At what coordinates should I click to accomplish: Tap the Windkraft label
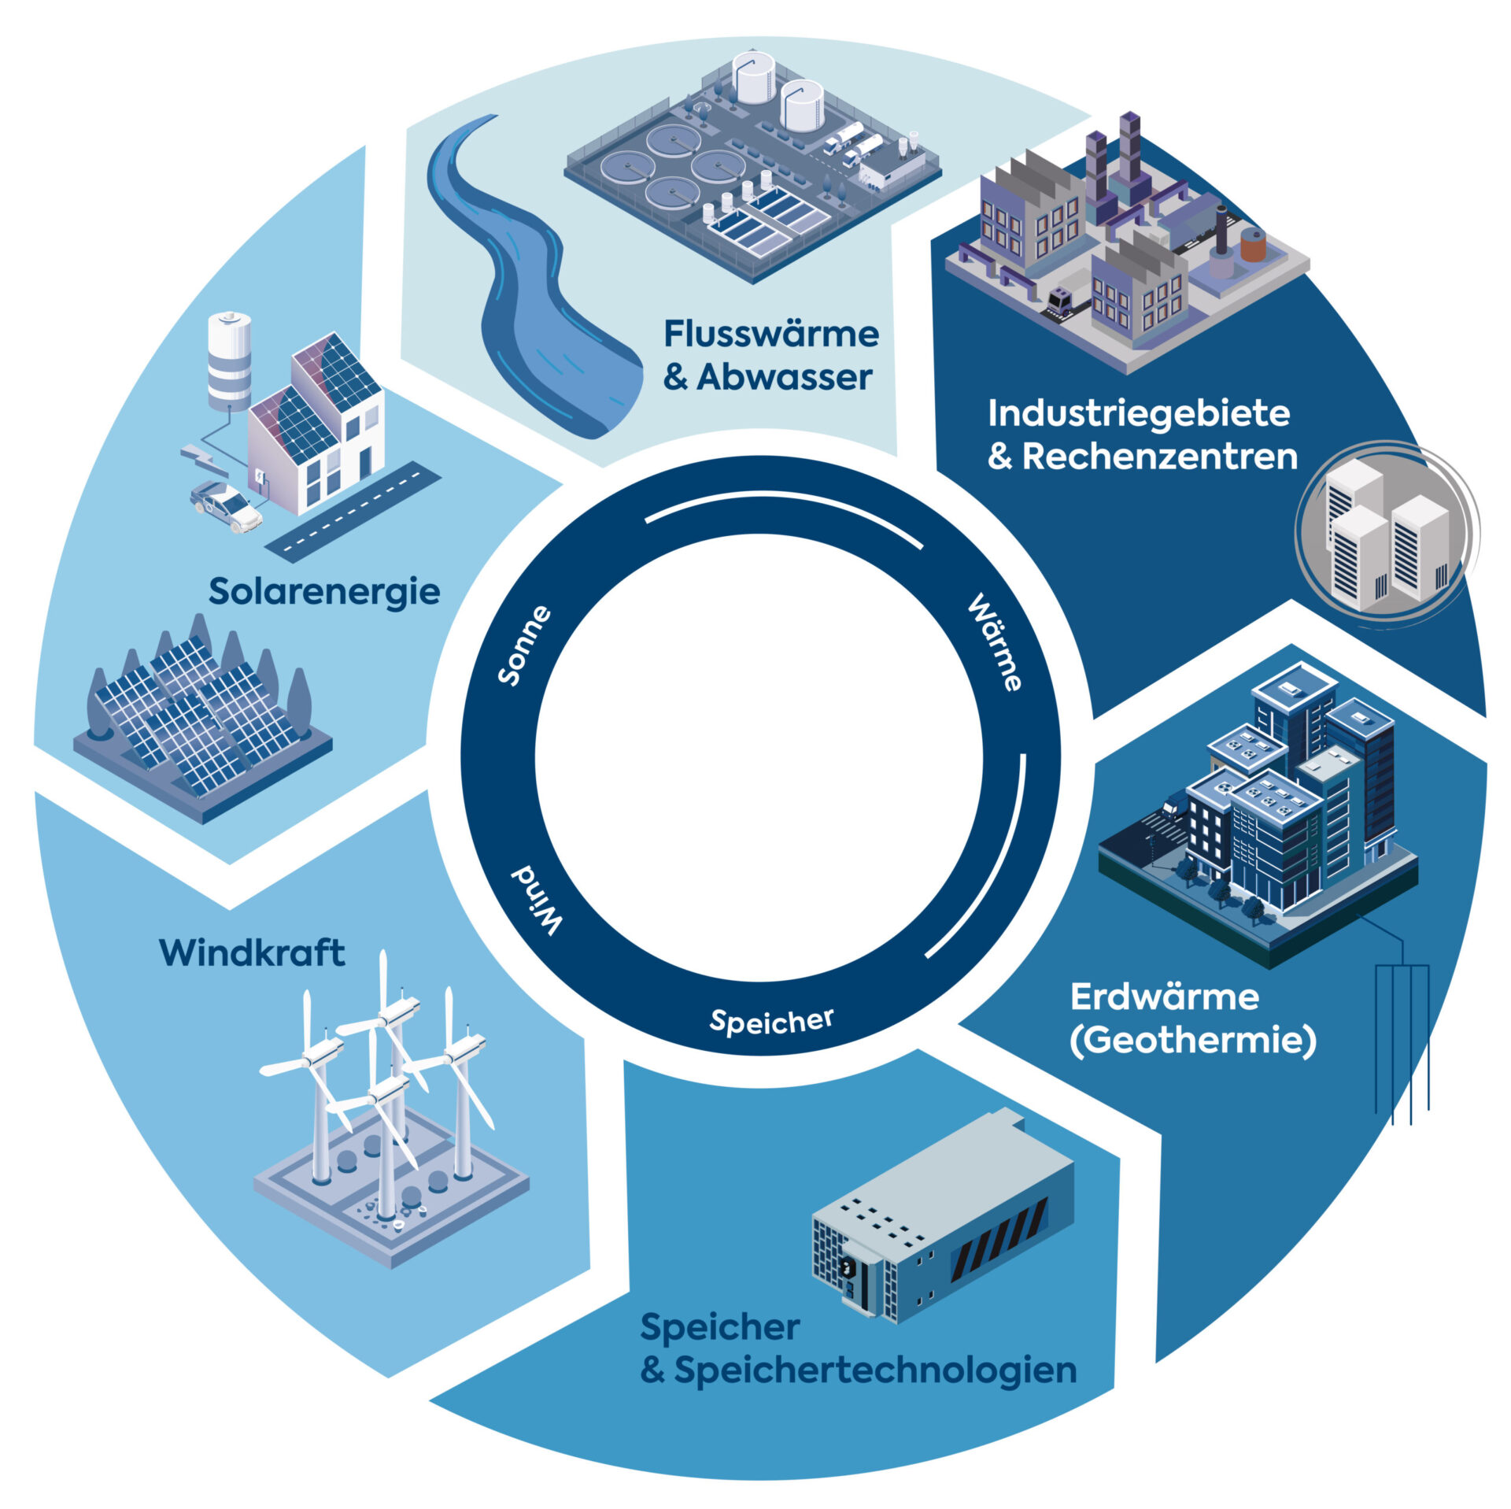tap(252, 953)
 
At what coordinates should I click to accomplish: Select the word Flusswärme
tap(771, 334)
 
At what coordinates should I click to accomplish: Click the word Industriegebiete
tap(1139, 413)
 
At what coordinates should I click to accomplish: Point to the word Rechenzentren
tap(1159, 457)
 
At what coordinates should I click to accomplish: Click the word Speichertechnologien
tap(875, 1370)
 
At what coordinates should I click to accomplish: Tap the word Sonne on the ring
tap(524, 645)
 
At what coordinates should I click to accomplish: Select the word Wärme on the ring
tap(995, 643)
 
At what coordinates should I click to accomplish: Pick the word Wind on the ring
tap(538, 901)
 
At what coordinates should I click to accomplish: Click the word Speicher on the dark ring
tap(771, 1022)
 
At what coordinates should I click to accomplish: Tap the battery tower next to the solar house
tap(229, 361)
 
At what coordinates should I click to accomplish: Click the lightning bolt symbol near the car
tap(203, 460)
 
